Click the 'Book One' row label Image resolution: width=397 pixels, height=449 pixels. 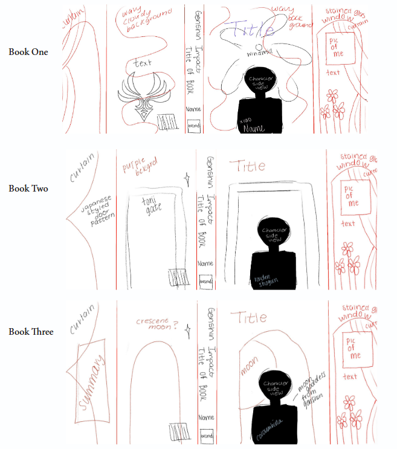(x=28, y=52)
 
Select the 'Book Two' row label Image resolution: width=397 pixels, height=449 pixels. (x=28, y=189)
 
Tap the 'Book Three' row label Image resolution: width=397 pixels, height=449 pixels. (x=31, y=332)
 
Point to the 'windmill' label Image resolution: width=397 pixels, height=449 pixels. (x=260, y=54)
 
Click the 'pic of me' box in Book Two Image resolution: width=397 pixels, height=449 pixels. (x=352, y=196)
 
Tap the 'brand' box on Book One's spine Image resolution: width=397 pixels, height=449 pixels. (x=194, y=126)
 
